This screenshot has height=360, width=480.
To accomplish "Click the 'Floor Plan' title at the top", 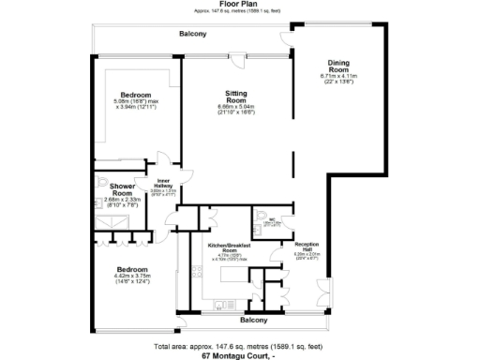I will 239,4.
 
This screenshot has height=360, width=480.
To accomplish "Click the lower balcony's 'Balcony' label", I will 254,320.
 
